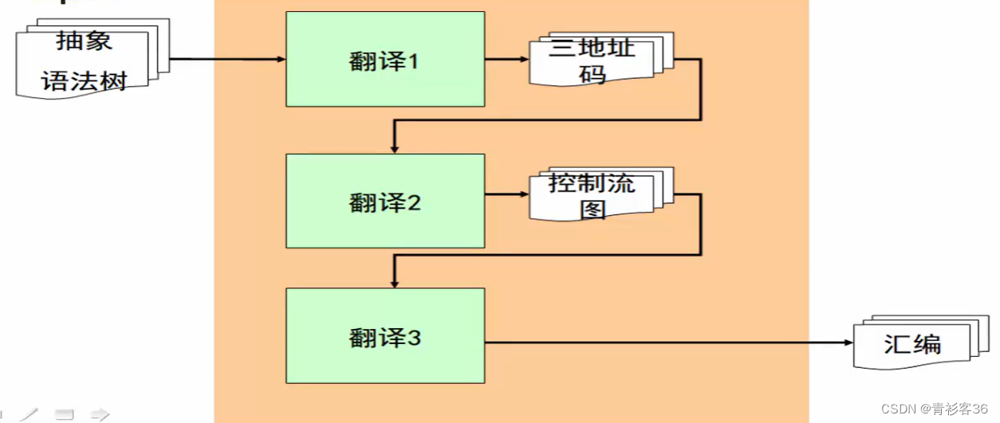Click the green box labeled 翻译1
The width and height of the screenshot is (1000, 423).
(x=384, y=59)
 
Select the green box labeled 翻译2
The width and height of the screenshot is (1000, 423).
(x=384, y=201)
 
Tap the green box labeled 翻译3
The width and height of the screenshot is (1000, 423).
(x=384, y=336)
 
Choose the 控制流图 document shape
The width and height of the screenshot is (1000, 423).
(x=598, y=196)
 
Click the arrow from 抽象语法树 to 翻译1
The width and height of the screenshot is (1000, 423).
(x=227, y=59)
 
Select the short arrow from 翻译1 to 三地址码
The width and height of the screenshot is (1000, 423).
(x=506, y=59)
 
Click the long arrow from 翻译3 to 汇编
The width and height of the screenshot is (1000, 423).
(x=670, y=343)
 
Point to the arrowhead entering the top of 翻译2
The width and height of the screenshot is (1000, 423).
(x=394, y=147)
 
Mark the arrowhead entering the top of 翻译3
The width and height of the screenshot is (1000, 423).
(x=394, y=282)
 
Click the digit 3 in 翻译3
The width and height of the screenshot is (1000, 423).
(x=413, y=338)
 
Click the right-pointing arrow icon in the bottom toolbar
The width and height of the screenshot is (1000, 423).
(x=99, y=414)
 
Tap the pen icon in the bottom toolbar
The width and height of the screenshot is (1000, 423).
(x=30, y=414)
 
